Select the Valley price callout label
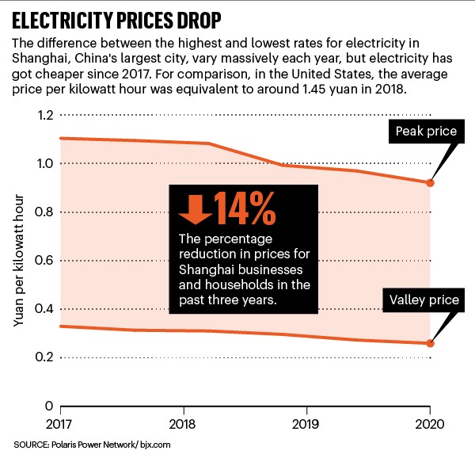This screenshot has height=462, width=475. [x=423, y=300]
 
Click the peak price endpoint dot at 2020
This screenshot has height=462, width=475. [x=430, y=183]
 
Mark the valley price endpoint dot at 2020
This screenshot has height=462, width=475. [x=430, y=343]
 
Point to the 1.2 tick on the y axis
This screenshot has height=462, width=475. [x=45, y=116]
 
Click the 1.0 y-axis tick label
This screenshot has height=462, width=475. [x=45, y=164]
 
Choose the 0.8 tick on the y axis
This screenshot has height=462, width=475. [x=45, y=212]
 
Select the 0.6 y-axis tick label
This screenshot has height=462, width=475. [x=45, y=261]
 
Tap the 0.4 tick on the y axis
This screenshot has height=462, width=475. [x=45, y=309]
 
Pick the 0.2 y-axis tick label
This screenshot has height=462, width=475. [x=45, y=357]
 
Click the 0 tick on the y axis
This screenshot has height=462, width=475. [x=50, y=406]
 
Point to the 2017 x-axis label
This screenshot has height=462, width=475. [x=60, y=423]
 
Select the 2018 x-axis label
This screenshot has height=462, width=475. [x=184, y=423]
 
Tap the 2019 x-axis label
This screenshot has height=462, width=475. [x=306, y=423]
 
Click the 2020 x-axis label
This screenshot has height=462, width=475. [x=430, y=423]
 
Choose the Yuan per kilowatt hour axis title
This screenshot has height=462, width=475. [x=19, y=261]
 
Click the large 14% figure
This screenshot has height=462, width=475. [x=242, y=208]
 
